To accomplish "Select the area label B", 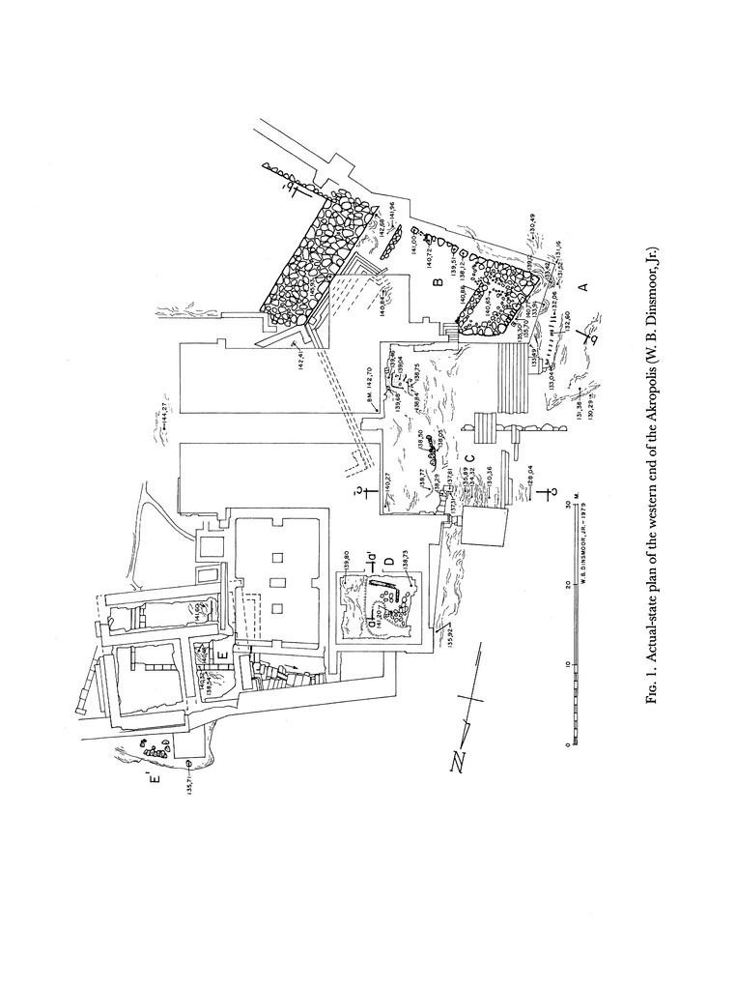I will [x=437, y=281].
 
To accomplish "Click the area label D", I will [x=388, y=562].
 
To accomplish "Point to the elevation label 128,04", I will [x=532, y=474].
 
